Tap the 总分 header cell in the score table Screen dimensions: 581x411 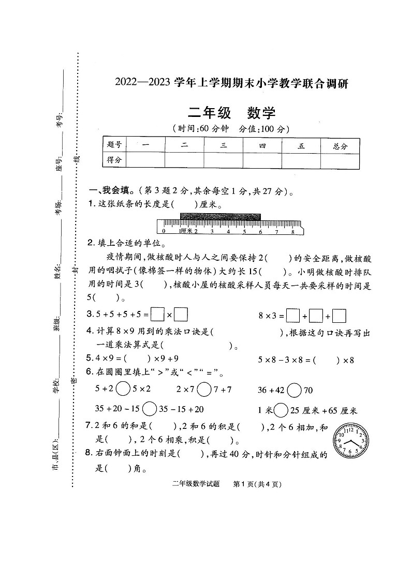point(340,146)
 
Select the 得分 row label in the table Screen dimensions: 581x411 point(114,160)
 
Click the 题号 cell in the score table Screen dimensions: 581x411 point(114,146)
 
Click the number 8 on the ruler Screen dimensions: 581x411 point(293,231)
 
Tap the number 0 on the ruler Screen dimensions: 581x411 point(164,231)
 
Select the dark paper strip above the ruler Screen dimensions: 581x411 point(221,216)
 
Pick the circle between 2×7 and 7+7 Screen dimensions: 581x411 point(204,389)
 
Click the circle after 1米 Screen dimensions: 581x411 point(281,410)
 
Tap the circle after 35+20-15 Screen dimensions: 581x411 point(149,409)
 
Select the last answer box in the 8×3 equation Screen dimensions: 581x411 point(340,315)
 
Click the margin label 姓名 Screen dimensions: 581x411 point(57,273)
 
